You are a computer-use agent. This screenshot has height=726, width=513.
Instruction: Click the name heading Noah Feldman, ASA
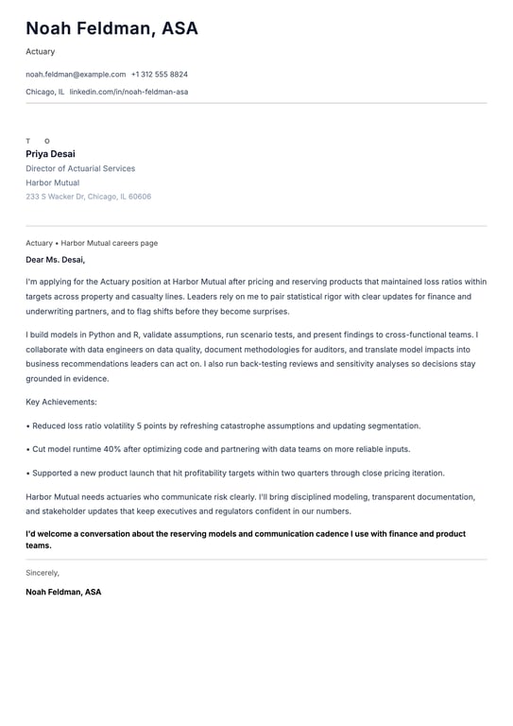[x=111, y=28]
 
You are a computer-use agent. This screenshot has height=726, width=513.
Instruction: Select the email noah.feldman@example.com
[x=76, y=74]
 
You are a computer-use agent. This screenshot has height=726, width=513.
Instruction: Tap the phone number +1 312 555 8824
[x=160, y=74]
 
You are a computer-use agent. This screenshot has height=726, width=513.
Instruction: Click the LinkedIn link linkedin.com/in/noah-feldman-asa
[x=128, y=92]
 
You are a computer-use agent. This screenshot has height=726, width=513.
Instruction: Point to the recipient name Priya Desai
[x=50, y=154]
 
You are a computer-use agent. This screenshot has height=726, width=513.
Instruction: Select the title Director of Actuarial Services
[x=80, y=168]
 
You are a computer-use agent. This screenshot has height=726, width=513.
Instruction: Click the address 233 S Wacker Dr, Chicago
[x=88, y=197]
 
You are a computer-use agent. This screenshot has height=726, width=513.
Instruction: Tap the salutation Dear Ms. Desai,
[x=55, y=259]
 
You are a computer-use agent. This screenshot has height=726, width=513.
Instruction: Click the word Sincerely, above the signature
[x=43, y=573]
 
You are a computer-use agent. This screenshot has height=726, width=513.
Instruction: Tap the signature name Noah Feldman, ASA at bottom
[x=63, y=592]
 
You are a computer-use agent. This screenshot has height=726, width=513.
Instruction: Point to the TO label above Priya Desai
[x=38, y=141]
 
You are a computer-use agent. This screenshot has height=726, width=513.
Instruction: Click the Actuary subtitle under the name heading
[x=41, y=51]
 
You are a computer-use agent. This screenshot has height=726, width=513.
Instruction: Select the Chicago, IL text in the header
[x=45, y=92]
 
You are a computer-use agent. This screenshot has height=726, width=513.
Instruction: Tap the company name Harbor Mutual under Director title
[x=52, y=182]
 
